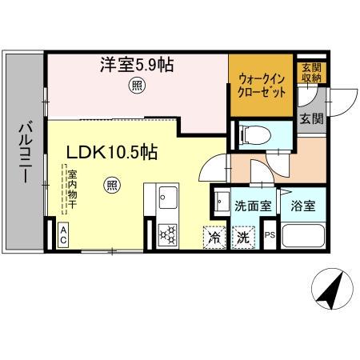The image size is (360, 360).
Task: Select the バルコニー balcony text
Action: (23, 153)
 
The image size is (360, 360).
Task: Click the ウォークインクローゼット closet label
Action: (261, 85)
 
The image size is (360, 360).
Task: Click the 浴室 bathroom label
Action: (302, 206)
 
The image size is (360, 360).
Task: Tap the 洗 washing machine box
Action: (242, 237)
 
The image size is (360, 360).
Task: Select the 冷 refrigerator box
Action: (214, 237)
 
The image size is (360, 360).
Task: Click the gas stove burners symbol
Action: (170, 234)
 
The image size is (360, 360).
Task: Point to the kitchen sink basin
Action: (170, 197)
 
